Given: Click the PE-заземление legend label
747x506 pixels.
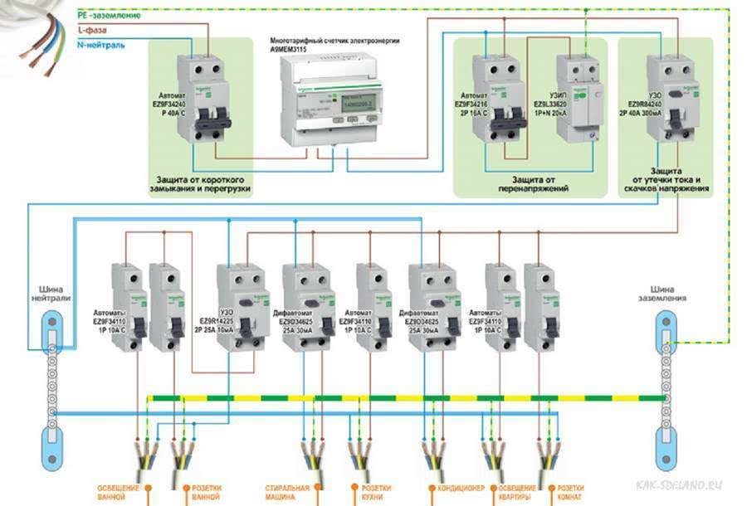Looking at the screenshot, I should point(109,15).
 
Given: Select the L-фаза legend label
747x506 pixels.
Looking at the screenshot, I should point(95,30).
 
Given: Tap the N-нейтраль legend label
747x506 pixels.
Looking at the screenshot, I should point(104,45).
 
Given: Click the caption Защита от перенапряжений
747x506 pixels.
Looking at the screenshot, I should point(533,183).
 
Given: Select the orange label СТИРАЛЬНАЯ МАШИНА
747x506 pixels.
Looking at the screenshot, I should point(287,491).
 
